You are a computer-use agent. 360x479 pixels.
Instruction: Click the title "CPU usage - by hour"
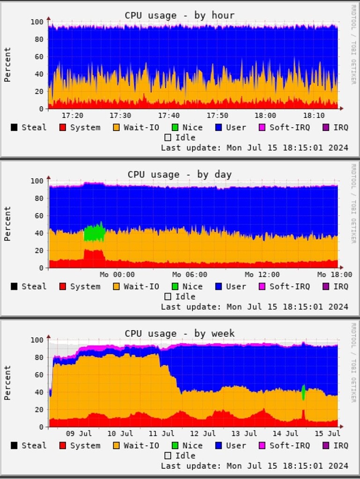(x=179, y=15)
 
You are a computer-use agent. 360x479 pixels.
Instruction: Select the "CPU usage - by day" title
(x=179, y=174)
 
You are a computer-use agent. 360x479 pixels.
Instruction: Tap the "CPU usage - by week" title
(x=179, y=334)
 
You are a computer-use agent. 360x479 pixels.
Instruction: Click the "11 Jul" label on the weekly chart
(x=162, y=434)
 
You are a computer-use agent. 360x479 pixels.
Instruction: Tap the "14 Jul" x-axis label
(x=286, y=434)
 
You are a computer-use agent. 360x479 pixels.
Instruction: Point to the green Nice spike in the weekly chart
(x=303, y=392)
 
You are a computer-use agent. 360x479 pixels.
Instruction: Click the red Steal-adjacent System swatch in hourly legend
(x=63, y=127)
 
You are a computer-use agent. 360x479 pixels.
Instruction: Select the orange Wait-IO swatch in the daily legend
(x=116, y=286)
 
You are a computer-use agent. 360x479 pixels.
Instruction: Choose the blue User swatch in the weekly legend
(x=218, y=445)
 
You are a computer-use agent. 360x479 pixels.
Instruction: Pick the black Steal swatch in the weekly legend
(x=14, y=445)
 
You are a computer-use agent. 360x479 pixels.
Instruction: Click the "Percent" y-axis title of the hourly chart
(x=7, y=65)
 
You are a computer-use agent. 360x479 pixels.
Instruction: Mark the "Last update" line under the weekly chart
(x=254, y=466)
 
